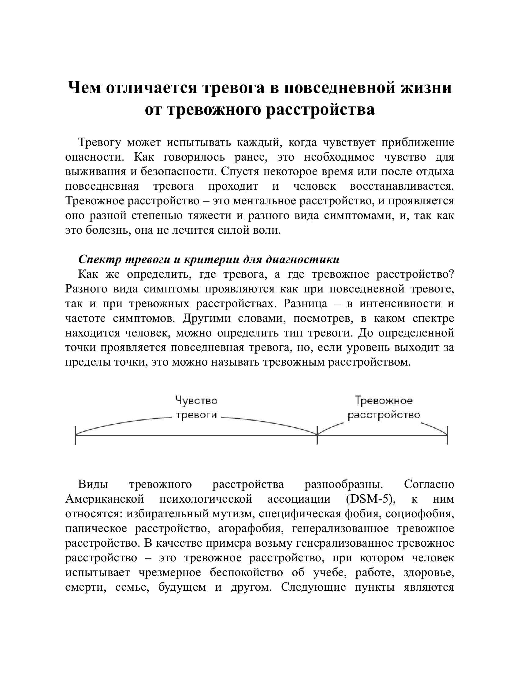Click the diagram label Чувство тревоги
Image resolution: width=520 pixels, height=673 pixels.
[196, 408]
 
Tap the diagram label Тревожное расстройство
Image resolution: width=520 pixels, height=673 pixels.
[384, 408]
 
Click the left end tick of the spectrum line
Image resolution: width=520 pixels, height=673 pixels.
[75, 435]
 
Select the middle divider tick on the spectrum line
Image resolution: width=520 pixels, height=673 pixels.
[317, 435]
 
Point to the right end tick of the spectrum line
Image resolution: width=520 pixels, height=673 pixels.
[447, 435]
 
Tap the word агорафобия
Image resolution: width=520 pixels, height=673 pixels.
[250, 529]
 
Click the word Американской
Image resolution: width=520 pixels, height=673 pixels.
[105, 499]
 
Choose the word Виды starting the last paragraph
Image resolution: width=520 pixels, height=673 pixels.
[93, 484]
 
